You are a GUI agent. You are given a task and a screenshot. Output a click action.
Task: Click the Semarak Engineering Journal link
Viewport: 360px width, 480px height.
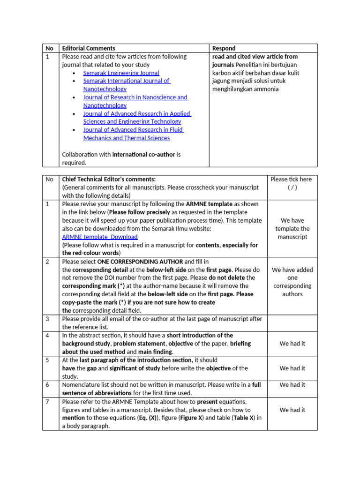(121, 73)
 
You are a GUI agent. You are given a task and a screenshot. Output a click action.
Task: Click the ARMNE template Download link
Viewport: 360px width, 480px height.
(100, 237)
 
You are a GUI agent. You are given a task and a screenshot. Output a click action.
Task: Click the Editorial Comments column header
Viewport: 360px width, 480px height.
(89, 48)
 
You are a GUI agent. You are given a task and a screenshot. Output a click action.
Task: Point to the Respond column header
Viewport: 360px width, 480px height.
(224, 48)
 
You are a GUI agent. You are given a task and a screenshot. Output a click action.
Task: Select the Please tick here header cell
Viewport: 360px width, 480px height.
(292, 183)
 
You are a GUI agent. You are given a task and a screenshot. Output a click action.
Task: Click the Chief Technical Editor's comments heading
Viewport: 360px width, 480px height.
(108, 179)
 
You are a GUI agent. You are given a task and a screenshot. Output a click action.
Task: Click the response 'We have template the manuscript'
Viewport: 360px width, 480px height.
(292, 228)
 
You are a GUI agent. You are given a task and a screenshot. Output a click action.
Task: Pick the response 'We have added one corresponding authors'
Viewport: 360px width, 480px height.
(292, 282)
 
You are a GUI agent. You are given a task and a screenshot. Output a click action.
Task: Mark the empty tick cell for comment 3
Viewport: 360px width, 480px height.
(292, 323)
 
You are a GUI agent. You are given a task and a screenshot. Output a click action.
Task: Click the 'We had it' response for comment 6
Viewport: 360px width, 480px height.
(292, 385)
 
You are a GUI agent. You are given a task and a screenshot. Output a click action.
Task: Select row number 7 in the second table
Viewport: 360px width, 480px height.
(47, 402)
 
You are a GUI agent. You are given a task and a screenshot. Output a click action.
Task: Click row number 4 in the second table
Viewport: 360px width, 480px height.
(47, 335)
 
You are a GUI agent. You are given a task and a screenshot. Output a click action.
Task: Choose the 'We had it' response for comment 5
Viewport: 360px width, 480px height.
(292, 368)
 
